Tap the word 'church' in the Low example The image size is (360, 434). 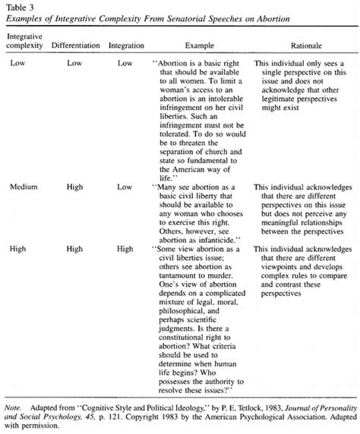click(226, 155)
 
